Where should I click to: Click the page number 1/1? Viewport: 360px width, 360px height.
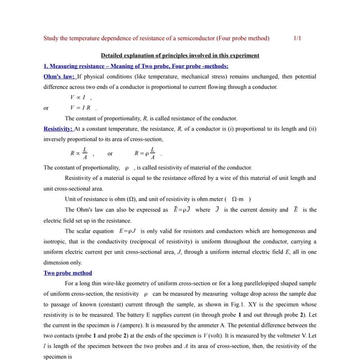298,38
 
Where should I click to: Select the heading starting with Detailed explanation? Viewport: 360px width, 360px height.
180,55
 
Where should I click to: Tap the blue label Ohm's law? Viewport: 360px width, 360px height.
60,76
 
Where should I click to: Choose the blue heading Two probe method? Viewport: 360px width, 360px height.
67,273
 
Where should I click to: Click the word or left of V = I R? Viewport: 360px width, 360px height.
46,108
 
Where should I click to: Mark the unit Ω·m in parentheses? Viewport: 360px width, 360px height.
240,199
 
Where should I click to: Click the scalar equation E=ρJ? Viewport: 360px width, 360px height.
128,231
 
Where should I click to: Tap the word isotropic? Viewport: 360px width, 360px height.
55,241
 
